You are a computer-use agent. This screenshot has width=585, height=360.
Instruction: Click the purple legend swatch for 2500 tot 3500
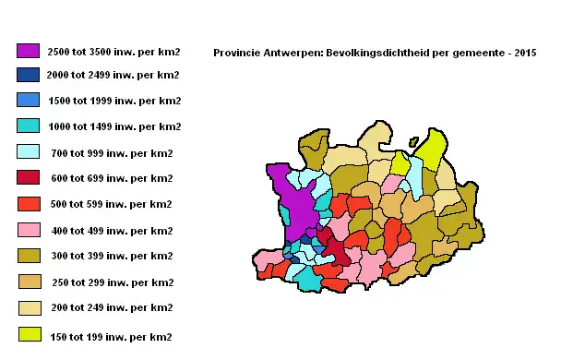click(x=28, y=50)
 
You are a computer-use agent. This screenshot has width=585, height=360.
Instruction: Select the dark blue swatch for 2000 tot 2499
click(x=28, y=75)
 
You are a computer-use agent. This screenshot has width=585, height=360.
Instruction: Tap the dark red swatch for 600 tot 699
click(x=28, y=178)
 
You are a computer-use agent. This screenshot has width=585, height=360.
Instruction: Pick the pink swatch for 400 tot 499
click(x=28, y=230)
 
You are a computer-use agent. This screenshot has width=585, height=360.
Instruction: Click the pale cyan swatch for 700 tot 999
click(x=28, y=152)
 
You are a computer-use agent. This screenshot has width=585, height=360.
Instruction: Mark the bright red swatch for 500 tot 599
click(x=28, y=204)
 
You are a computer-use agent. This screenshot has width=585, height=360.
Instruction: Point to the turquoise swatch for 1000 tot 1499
click(x=28, y=126)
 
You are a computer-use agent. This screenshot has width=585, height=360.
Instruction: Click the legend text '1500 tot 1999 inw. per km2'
click(x=113, y=101)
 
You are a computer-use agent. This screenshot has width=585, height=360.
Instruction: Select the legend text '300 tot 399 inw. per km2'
click(x=110, y=256)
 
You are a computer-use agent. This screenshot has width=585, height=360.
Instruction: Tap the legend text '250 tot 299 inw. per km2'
click(x=110, y=282)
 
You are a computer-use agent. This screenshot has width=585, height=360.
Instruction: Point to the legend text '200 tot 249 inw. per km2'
click(x=110, y=307)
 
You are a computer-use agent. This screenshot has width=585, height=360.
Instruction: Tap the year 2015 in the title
click(x=523, y=53)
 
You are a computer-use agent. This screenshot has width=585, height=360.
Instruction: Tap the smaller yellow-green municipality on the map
click(x=401, y=163)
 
